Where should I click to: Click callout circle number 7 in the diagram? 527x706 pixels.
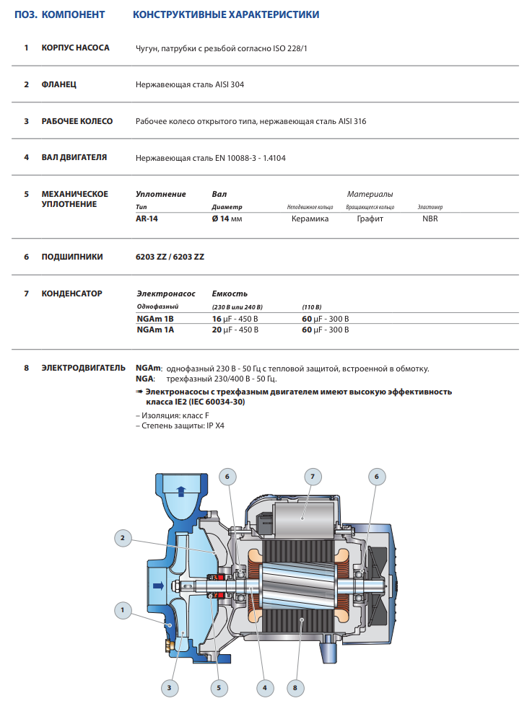click(x=313, y=477)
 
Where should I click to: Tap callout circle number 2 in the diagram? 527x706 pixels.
click(x=123, y=537)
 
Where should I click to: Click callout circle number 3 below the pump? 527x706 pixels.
click(x=169, y=688)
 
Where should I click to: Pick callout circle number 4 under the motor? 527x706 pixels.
click(x=266, y=688)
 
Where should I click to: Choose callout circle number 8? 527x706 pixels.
click(x=295, y=688)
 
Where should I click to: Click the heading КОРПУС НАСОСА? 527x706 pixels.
click(x=75, y=48)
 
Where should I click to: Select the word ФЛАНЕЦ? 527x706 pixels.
click(x=59, y=84)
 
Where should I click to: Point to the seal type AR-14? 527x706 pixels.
click(x=147, y=219)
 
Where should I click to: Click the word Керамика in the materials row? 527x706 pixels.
click(x=310, y=219)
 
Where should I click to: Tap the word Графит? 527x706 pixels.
click(x=370, y=219)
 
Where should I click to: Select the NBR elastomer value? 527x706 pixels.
click(x=430, y=219)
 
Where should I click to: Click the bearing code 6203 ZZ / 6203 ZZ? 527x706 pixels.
click(x=170, y=256)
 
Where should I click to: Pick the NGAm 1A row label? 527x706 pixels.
click(x=155, y=330)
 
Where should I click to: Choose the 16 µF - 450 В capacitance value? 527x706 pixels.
click(x=235, y=318)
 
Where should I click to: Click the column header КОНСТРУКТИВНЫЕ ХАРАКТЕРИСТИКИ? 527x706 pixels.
click(x=226, y=14)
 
